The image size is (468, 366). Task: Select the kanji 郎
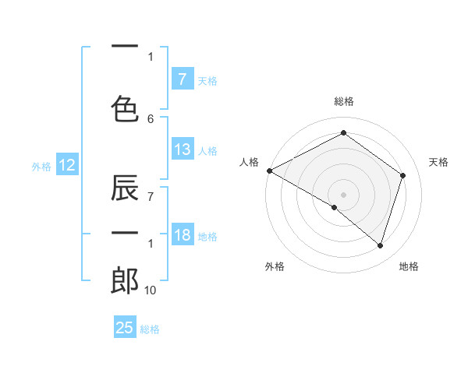[x=125, y=281]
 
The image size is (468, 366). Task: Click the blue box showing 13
[x=183, y=150]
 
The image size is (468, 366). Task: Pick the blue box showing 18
[x=183, y=236]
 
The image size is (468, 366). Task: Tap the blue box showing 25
[x=125, y=328]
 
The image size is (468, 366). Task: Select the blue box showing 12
[x=66, y=165]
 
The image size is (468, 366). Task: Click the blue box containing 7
[x=182, y=79]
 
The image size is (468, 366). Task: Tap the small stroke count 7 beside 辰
[x=151, y=196]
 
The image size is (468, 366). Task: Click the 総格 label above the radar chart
[x=343, y=101]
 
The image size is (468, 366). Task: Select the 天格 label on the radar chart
[x=439, y=162]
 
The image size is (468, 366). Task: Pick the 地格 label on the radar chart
[x=409, y=267]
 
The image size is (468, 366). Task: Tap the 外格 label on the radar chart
[x=275, y=267]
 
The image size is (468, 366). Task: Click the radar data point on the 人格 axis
[x=269, y=171]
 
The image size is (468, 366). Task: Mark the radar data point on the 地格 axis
[x=380, y=245]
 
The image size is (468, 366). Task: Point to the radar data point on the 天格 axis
[x=402, y=175]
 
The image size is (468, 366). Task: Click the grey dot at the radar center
[x=343, y=194]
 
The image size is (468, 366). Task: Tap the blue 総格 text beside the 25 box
[x=150, y=329]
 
